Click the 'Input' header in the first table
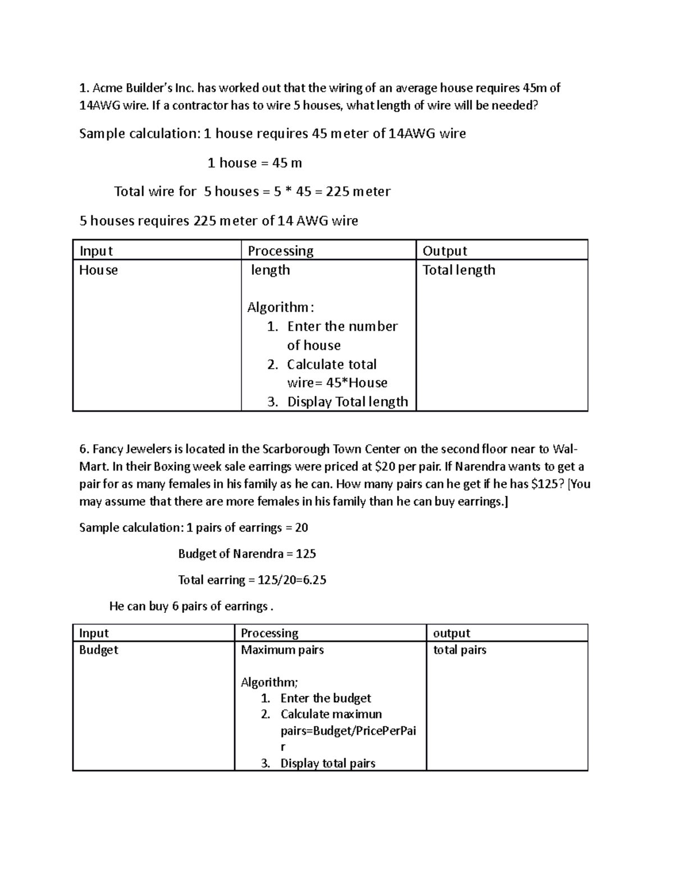96,251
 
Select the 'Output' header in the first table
445,251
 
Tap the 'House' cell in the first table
98,270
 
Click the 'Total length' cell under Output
458,270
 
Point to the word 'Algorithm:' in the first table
280,307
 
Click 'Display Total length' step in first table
347,401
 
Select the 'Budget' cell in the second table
99,650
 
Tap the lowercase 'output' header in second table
452,633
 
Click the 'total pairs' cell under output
459,650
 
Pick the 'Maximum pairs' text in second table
282,650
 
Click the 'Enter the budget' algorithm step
325,698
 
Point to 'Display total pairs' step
327,763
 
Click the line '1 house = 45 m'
254,163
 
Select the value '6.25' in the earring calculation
315,580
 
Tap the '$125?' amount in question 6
547,484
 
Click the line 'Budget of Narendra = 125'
247,554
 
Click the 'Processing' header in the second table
270,633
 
